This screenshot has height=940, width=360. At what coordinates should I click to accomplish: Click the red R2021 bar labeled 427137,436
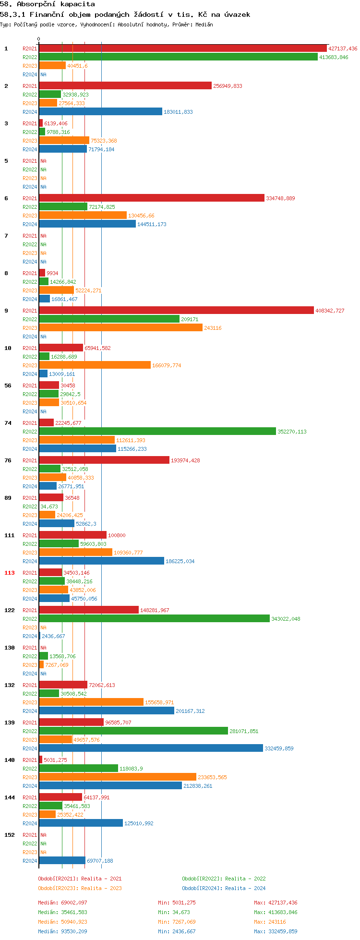click(182, 48)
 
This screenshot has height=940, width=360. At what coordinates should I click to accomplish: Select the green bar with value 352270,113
click(157, 432)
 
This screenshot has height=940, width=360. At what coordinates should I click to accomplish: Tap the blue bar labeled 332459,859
click(151, 748)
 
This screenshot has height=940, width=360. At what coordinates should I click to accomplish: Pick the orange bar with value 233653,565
click(118, 777)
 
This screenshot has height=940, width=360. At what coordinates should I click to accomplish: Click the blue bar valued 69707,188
click(62, 861)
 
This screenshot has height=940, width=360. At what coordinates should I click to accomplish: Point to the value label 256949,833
click(228, 86)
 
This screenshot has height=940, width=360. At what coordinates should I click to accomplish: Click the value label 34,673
click(49, 506)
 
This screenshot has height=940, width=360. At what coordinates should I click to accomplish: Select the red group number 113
click(10, 573)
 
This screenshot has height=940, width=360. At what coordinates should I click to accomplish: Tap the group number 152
click(10, 835)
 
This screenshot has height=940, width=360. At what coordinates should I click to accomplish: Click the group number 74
click(8, 423)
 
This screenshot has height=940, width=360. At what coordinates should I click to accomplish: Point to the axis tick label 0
click(39, 39)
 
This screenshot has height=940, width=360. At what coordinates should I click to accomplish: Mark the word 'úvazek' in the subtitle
click(238, 14)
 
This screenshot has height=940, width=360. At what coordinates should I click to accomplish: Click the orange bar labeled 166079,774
click(95, 365)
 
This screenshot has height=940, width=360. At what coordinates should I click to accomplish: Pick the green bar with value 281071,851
click(133, 731)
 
